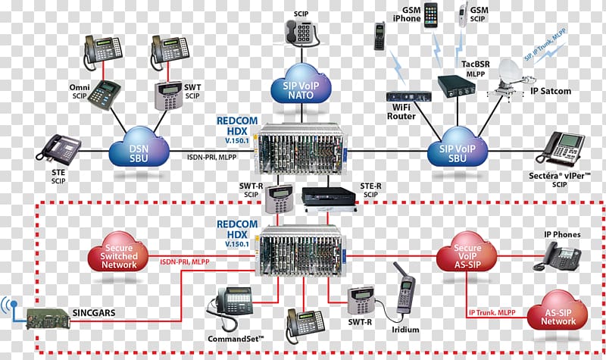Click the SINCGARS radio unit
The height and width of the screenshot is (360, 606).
47,317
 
